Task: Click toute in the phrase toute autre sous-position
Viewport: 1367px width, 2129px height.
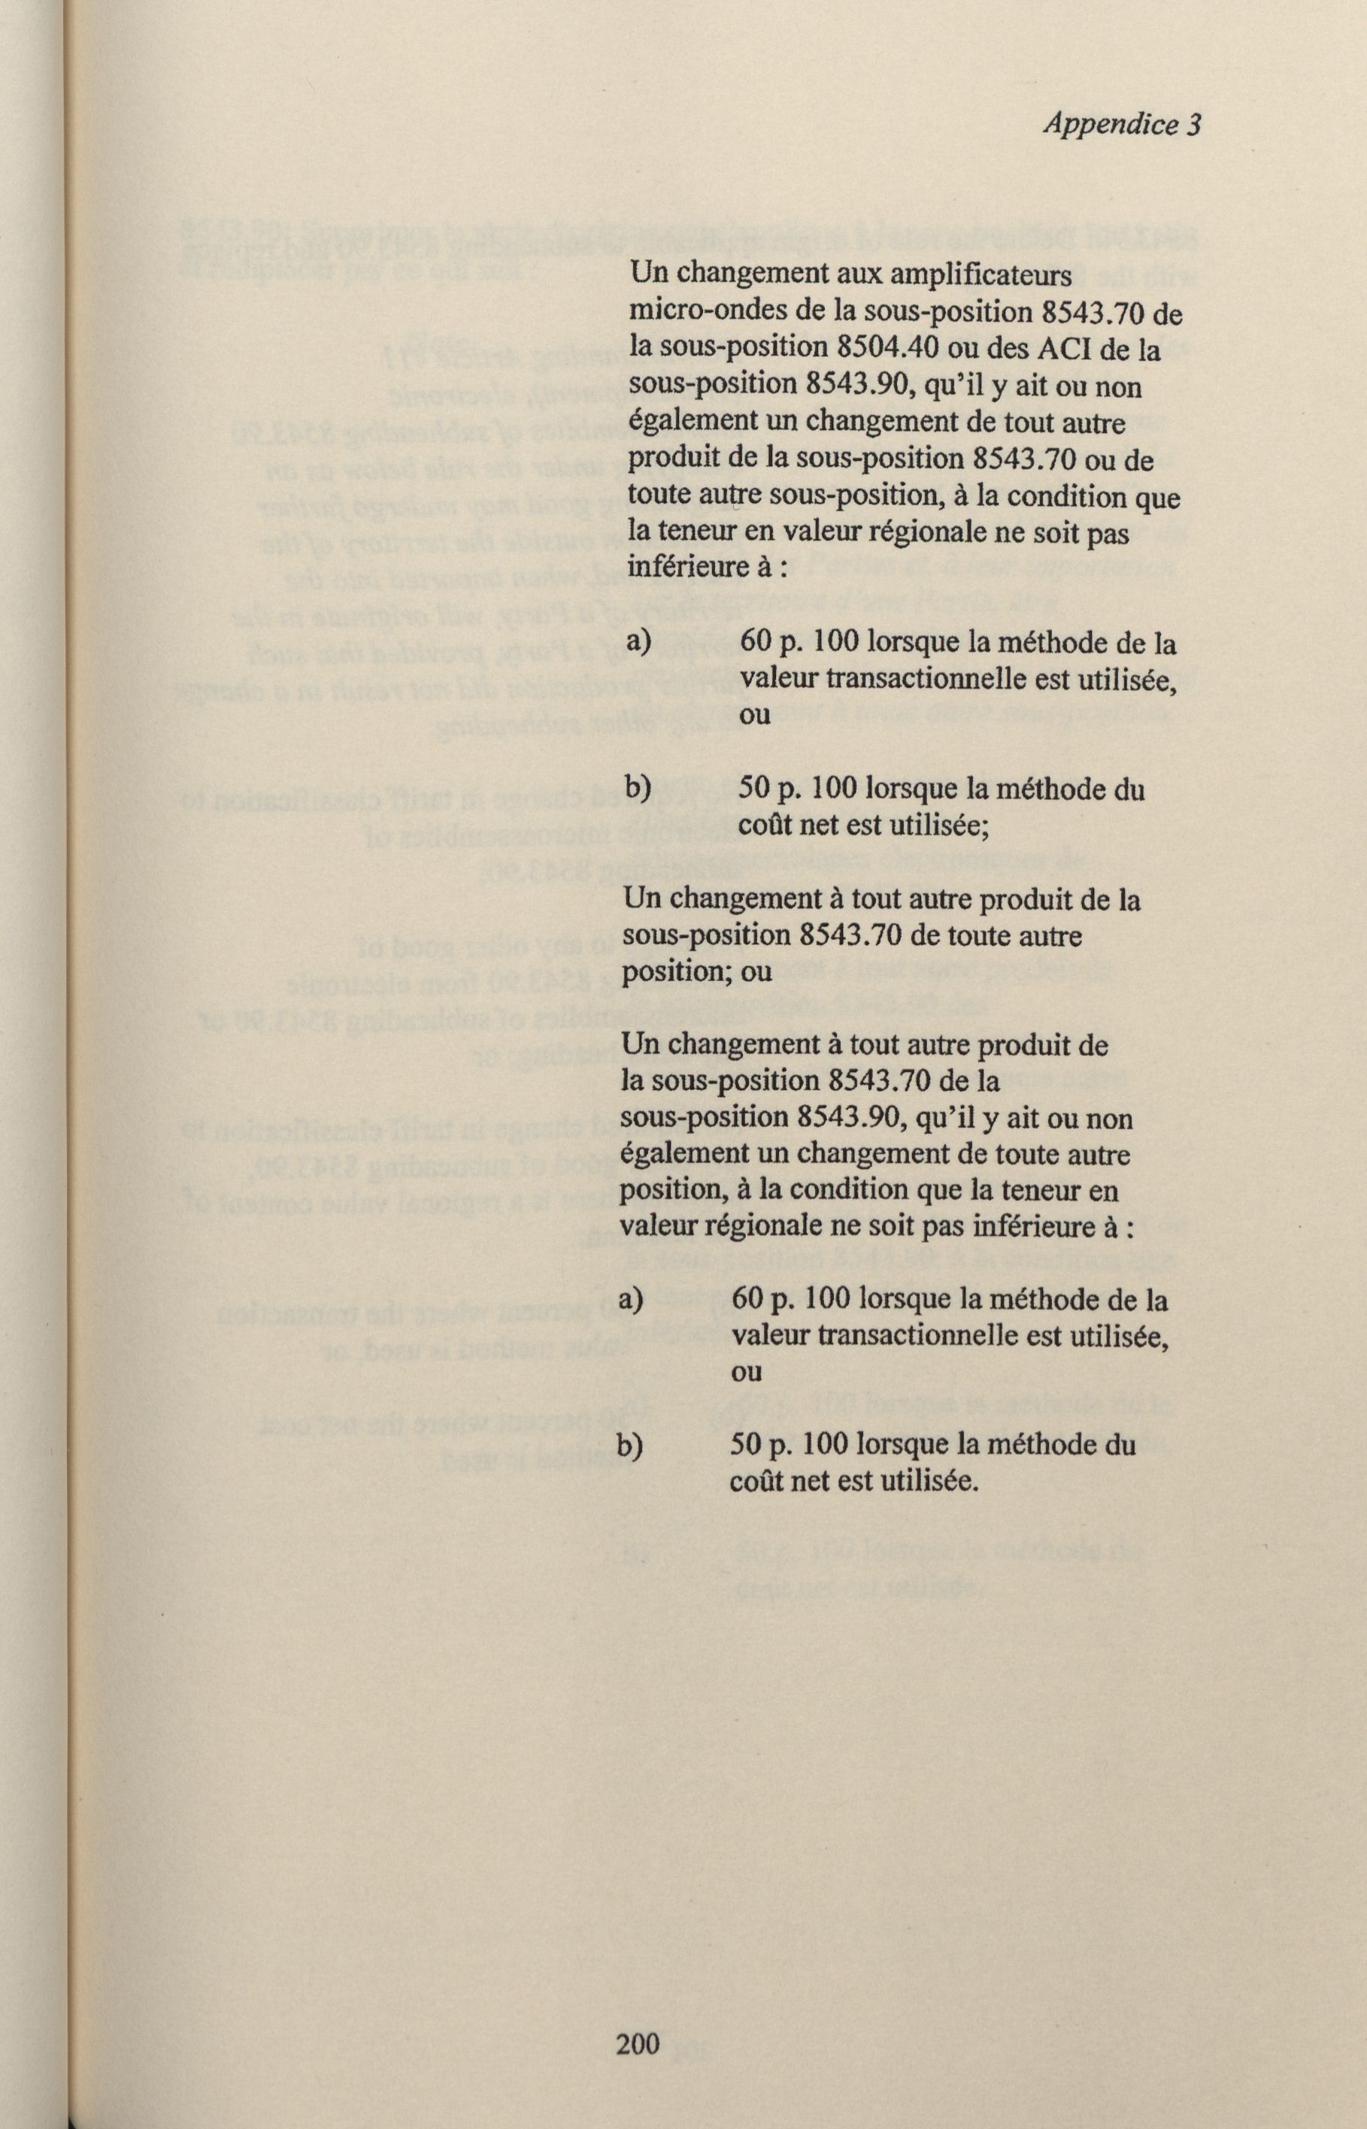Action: [x=658, y=497]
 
